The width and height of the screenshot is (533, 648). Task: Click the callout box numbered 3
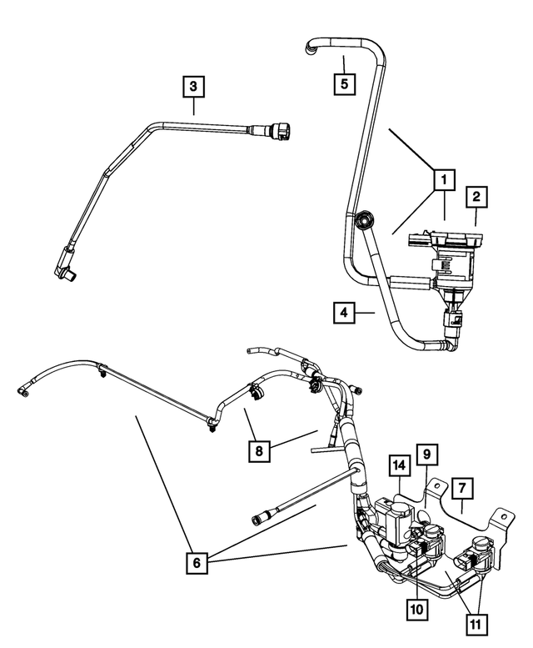[x=193, y=85]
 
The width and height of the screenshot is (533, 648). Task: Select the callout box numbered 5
[x=342, y=83]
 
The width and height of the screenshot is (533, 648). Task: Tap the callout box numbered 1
[x=444, y=179]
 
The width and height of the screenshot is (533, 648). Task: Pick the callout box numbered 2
[x=476, y=197]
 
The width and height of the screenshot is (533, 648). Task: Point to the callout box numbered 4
[x=341, y=314]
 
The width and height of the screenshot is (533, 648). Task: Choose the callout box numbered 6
[x=197, y=563]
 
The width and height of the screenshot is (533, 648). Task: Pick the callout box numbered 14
[x=399, y=465]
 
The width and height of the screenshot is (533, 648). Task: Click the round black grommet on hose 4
[x=364, y=222]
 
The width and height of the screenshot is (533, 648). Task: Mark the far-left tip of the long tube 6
[x=20, y=389]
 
